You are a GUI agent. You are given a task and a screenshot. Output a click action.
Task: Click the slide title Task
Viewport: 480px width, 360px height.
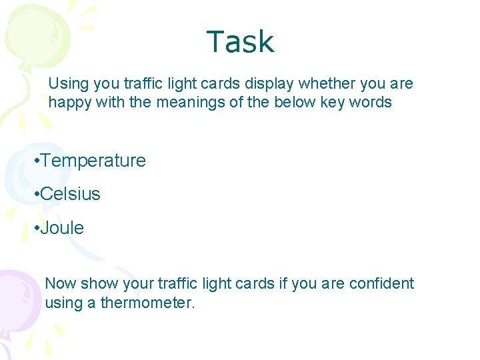point(240,42)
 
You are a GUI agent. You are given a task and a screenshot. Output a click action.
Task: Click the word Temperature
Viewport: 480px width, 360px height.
point(93,161)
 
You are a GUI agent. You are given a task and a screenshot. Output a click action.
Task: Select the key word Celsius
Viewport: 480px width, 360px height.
point(70,194)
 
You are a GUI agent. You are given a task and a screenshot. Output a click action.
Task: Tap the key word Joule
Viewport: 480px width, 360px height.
point(62,228)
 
